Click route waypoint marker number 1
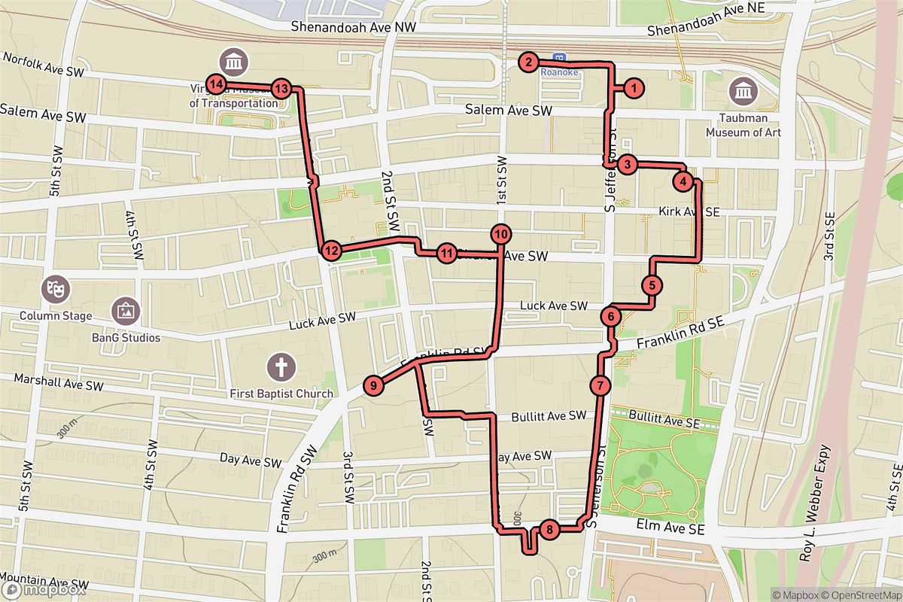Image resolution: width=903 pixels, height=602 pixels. [x=634, y=89]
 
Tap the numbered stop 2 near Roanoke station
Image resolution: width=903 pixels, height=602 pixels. [x=530, y=62]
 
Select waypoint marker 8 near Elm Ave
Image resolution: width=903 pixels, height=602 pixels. [x=550, y=531]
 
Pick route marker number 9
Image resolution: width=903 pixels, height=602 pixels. [x=373, y=385]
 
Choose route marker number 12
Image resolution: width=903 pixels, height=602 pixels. [x=330, y=250]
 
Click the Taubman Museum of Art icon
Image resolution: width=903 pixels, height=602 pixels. [x=743, y=93]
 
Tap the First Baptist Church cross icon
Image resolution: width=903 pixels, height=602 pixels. [x=282, y=368]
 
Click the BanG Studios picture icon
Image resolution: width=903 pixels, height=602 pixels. [x=125, y=309]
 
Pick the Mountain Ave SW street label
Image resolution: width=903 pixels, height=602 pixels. [x=45, y=582]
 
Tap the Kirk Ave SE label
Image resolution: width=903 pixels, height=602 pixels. [x=689, y=213]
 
